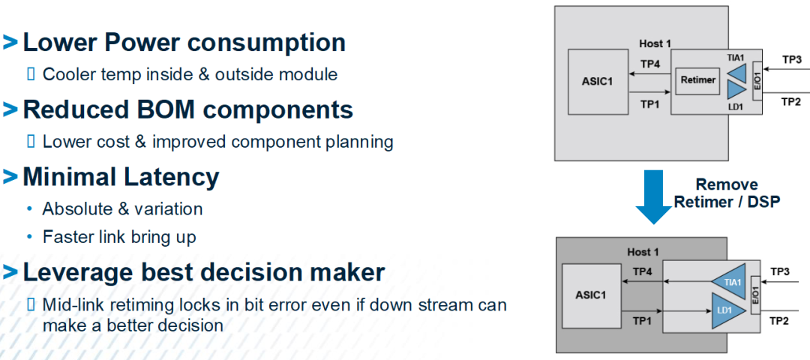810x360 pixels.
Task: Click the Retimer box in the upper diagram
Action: coord(698,80)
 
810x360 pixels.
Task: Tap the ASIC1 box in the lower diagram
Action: coord(591,295)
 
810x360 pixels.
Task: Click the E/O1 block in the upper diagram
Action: coord(757,81)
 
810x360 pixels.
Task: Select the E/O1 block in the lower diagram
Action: coord(754,297)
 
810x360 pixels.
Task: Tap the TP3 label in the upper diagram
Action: coord(790,60)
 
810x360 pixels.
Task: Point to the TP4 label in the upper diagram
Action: coord(650,64)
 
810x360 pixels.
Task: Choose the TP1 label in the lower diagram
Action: coord(641,321)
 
